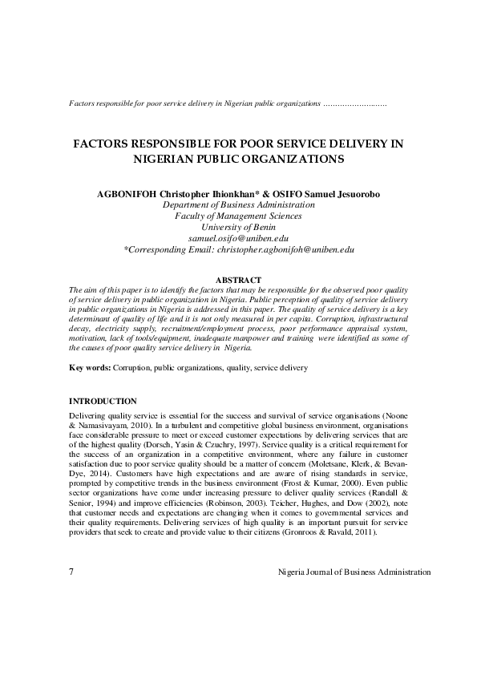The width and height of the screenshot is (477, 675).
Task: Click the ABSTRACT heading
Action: point(239,280)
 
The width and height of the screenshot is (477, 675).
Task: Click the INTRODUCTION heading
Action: point(103,401)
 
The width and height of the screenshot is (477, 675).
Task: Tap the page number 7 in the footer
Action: point(72,572)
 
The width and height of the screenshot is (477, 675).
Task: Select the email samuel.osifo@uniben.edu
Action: point(238,238)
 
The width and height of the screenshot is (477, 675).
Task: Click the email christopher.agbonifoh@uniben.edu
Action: point(285,249)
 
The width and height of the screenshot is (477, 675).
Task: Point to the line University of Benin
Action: point(238,227)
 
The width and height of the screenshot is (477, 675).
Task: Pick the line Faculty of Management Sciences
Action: point(238,216)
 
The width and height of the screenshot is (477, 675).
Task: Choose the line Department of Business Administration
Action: point(238,204)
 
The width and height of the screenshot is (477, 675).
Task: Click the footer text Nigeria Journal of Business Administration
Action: point(354,572)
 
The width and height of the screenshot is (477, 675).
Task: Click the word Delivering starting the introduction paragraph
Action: point(87,417)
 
